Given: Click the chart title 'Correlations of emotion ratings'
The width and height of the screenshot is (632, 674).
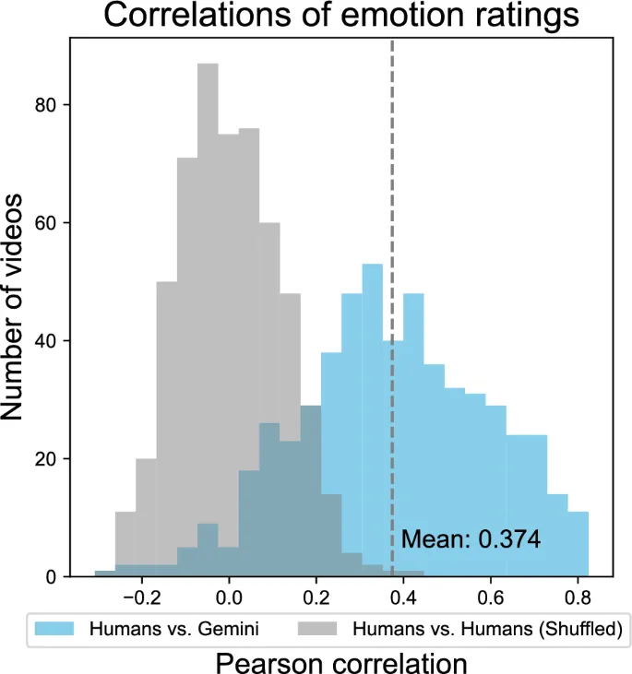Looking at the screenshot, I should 341,16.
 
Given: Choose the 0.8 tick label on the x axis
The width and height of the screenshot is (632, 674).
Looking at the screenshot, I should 578,596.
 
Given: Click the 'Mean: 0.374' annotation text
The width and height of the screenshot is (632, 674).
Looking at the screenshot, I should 471,539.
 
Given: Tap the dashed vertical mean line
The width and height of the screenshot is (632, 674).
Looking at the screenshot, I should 392,184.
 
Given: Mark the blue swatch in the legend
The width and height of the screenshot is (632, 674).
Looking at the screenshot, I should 55,631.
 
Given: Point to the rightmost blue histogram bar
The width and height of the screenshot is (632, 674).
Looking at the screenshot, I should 578,544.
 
